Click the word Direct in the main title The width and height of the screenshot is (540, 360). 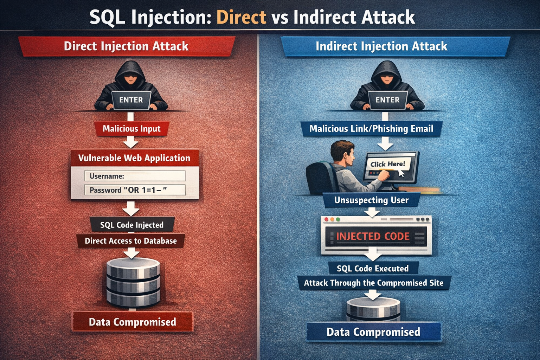(241, 17)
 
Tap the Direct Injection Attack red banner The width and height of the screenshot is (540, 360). (126, 46)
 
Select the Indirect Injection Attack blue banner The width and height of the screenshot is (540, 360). (381, 46)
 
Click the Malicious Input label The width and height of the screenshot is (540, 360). (131, 129)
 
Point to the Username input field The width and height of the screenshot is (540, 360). (135, 176)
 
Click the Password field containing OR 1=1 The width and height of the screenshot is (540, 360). (135, 190)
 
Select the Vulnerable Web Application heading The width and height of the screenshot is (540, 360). (134, 158)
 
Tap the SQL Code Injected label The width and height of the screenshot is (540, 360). (132, 225)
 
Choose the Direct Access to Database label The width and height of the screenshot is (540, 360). (131, 241)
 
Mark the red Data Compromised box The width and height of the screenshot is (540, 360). (133, 322)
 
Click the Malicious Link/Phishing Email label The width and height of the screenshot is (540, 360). (371, 129)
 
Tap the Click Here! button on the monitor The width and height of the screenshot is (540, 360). (388, 164)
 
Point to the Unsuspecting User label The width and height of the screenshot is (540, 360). (371, 200)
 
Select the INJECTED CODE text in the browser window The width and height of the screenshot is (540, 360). (373, 236)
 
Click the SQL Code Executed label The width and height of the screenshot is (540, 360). (373, 269)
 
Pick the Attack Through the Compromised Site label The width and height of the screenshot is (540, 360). (374, 283)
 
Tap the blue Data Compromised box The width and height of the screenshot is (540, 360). (373, 332)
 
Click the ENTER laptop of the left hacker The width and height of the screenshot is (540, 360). (131, 100)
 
